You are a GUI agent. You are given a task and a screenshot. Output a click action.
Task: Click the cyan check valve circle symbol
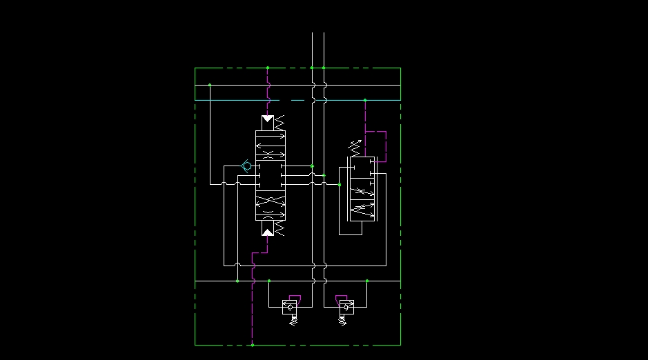246,166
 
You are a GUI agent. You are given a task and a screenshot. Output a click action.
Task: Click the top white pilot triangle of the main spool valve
268,119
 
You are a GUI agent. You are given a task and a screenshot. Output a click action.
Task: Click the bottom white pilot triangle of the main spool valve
268,231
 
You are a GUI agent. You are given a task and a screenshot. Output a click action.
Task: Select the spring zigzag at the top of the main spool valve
279,123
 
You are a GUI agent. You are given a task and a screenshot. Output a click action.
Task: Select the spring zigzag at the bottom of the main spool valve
279,227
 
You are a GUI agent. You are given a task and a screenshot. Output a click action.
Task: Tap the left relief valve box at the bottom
291,308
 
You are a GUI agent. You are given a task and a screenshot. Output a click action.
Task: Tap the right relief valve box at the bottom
344,308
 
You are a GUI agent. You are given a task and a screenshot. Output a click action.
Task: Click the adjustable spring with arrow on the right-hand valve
355,146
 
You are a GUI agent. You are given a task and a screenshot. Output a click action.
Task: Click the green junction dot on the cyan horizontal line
365,100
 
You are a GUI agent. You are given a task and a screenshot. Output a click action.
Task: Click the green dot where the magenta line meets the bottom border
253,345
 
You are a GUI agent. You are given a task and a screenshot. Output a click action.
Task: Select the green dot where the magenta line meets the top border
268,68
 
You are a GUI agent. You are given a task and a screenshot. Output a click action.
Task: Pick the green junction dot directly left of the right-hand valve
340,185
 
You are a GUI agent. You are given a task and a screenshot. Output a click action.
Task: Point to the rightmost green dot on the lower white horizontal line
367,281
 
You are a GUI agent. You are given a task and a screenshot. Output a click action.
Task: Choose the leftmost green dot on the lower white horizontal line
237,281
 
